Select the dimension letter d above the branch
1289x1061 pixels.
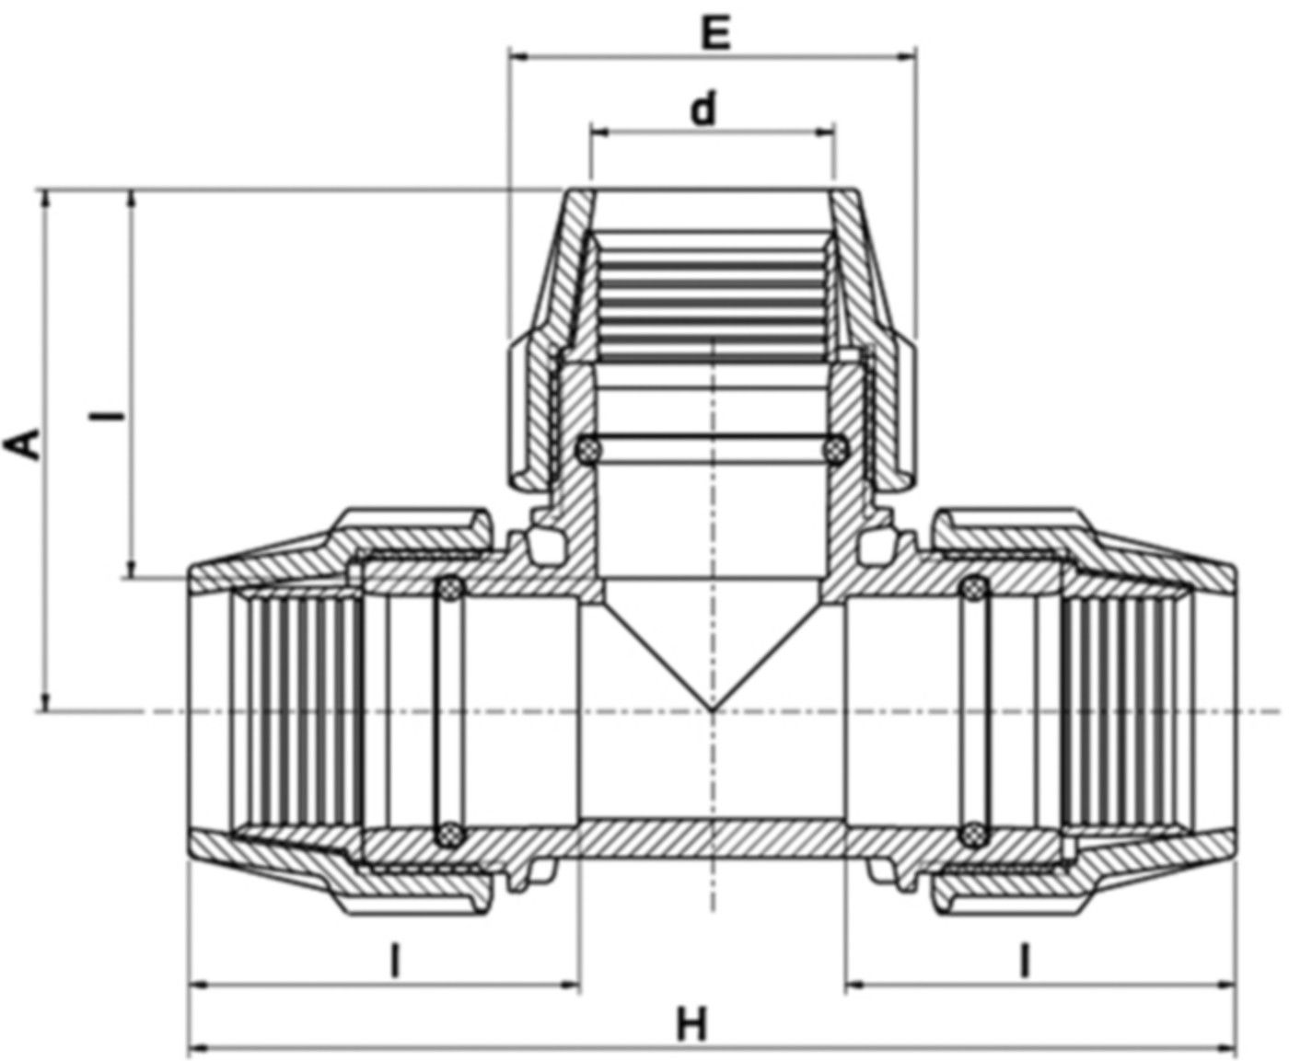coord(703,110)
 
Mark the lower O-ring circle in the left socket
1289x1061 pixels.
coord(449,836)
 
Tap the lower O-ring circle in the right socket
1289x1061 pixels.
coord(972,836)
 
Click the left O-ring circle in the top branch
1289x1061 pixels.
coord(586,449)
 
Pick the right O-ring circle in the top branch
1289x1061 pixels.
coord(836,449)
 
